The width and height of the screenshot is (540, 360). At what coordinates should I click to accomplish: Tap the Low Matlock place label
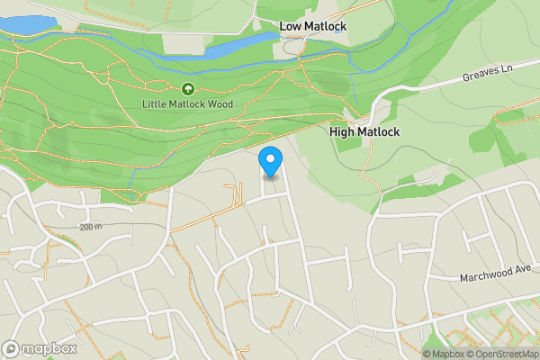[x=312, y=26]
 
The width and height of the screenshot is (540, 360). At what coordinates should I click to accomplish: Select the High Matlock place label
[x=364, y=131]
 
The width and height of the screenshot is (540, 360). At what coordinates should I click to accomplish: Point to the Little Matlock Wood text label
[x=187, y=104]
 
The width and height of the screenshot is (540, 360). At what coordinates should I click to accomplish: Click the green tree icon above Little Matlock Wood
[x=187, y=89]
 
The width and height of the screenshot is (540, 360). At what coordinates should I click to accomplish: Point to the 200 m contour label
[x=91, y=227]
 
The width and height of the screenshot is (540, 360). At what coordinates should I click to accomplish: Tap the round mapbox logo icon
[x=11, y=348]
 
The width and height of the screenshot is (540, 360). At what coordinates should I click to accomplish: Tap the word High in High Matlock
[x=343, y=131]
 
